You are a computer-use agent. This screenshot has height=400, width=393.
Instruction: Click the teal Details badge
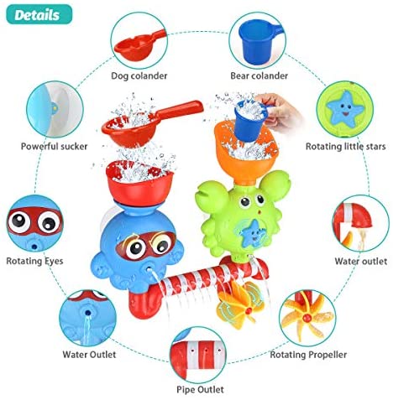tap(39, 14)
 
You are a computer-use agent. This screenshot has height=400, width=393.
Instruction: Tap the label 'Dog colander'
tap(139, 75)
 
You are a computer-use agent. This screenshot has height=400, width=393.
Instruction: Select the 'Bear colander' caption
tap(259, 75)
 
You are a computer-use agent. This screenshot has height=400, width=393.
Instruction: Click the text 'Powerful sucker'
tap(54, 146)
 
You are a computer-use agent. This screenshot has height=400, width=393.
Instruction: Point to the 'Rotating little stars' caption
tap(345, 146)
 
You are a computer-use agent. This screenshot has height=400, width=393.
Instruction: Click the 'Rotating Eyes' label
tap(34, 261)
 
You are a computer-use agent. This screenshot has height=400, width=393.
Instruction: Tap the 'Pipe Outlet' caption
tap(200, 389)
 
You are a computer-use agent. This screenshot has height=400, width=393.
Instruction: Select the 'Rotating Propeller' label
tap(308, 355)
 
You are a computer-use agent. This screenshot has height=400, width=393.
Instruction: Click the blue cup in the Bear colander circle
tap(259, 42)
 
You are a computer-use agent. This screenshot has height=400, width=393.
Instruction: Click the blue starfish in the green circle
tap(345, 108)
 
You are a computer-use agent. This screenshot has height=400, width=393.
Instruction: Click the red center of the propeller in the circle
tap(307, 317)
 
